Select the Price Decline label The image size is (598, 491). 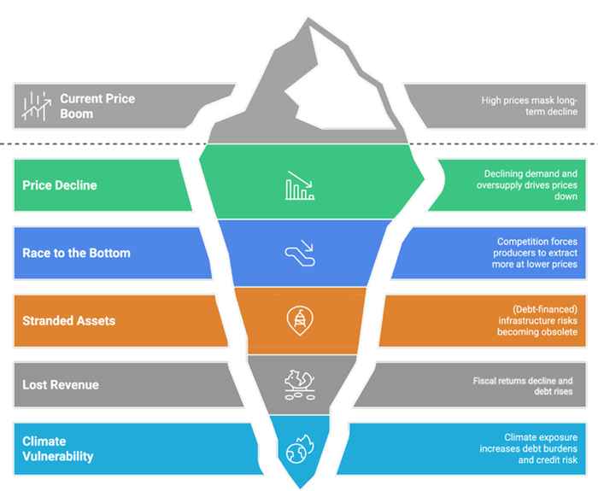click(60, 184)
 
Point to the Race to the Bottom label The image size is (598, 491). click(77, 254)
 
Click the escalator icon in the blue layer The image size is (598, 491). click(300, 254)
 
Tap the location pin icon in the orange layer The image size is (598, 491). click(300, 320)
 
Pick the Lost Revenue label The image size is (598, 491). click(62, 385)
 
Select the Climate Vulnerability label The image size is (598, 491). click(58, 449)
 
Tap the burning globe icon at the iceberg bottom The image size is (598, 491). click(300, 450)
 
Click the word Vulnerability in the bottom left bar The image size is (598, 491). click(58, 457)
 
